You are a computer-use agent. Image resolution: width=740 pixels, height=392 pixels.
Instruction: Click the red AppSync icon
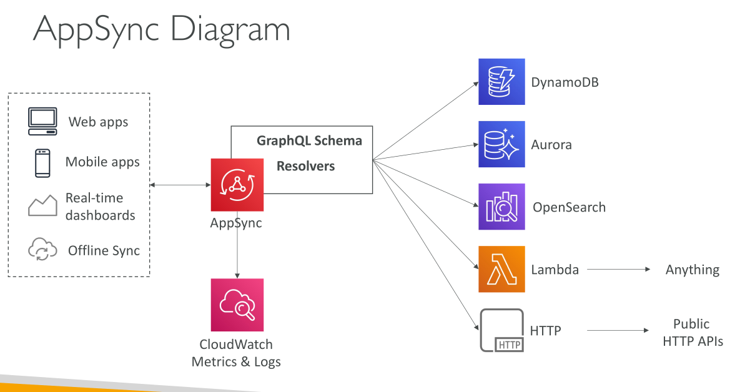[x=237, y=185]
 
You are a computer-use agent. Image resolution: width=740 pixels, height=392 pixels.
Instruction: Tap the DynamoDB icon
[x=501, y=82]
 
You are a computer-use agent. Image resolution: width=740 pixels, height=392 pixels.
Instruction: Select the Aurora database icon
[x=501, y=144]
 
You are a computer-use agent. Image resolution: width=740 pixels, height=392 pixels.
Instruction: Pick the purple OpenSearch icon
[x=501, y=207]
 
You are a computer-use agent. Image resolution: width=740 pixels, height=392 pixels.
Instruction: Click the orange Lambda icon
[x=501, y=269]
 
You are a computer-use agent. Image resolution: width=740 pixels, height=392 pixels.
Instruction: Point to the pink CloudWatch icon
[x=237, y=305]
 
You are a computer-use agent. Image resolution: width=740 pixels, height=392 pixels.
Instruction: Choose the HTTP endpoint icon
[x=501, y=330]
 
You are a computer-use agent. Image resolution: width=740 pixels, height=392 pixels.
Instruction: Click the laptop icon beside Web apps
[x=42, y=121]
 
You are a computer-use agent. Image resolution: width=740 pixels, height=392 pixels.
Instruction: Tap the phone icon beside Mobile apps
[x=42, y=163]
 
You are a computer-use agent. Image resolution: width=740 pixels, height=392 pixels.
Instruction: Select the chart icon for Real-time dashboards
[x=42, y=205]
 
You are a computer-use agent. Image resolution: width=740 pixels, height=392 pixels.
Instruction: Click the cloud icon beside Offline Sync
[x=42, y=249]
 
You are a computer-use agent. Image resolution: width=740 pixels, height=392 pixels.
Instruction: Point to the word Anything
[x=693, y=270]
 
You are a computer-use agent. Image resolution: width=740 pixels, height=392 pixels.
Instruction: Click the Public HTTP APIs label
[x=693, y=333]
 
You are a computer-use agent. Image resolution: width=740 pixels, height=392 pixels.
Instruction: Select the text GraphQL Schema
[x=309, y=141]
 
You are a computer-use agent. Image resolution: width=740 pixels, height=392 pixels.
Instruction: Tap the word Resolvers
[x=305, y=166]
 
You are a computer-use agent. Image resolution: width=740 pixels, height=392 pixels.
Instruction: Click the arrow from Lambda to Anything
[x=619, y=270]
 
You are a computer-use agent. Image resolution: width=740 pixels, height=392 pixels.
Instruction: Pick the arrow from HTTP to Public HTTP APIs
[x=618, y=330]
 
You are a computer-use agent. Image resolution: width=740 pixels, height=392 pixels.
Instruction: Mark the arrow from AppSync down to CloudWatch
[x=237, y=245]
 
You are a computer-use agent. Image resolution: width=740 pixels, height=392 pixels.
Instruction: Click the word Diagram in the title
[x=230, y=30]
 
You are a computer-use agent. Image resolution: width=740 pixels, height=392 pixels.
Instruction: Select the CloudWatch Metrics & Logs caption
[x=236, y=353]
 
